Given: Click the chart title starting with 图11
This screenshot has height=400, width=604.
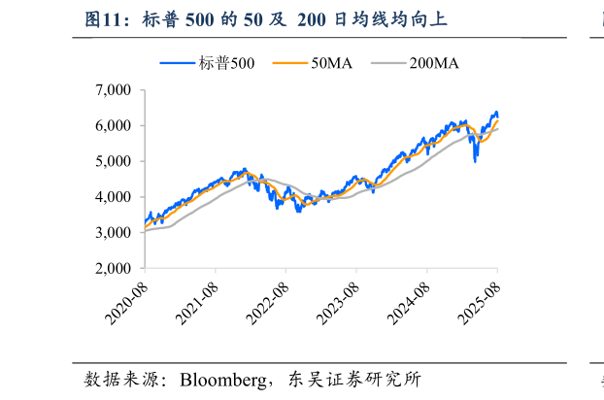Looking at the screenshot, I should point(266,18).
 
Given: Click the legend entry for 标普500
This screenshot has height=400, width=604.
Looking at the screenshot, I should point(225,63).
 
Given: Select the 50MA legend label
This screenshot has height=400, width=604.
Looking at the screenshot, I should point(331,63).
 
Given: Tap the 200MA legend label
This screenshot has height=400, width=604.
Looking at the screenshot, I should point(433,63).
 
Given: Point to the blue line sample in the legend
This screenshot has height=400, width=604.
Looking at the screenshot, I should point(179,63).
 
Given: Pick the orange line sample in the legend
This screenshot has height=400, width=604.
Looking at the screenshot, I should point(288,63).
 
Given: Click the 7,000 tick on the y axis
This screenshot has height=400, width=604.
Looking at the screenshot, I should point(114,90).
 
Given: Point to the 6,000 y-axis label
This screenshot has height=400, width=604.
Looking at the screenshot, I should point(114,126).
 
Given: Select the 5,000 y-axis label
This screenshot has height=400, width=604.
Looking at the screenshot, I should point(114,162).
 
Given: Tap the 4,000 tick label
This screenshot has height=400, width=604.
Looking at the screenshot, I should point(114,197).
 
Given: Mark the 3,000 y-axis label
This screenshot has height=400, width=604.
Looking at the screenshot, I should point(114,233).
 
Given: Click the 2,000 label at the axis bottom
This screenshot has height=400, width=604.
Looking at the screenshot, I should point(114,269).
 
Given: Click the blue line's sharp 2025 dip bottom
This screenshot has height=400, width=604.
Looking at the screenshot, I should point(475,160).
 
